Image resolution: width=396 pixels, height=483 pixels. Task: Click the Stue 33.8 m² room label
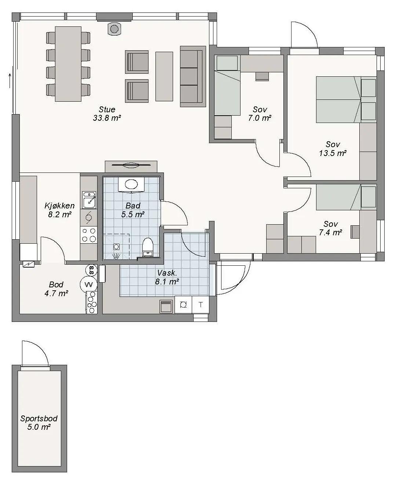click(x=107, y=114)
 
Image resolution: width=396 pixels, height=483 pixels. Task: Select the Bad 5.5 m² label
click(x=133, y=210)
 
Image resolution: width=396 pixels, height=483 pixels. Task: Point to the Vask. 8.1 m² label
click(x=167, y=277)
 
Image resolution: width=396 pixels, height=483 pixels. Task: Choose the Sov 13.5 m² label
click(x=333, y=149)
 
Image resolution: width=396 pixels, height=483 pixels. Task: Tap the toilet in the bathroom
click(x=148, y=247)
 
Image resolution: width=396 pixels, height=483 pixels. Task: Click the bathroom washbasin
click(x=131, y=184)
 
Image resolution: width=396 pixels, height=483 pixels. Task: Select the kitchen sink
click(x=89, y=200)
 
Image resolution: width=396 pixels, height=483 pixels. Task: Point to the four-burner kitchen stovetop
click(x=89, y=235)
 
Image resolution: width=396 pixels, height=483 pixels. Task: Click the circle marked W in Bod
click(x=88, y=285)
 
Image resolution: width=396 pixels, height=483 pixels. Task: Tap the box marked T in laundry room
click(x=201, y=305)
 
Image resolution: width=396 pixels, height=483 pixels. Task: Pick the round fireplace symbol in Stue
click(x=114, y=29)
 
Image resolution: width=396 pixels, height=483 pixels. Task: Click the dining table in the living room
click(x=68, y=64)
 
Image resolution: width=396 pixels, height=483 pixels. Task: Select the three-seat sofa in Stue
click(x=193, y=76)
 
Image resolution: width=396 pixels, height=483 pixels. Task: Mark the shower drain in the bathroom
click(x=117, y=247)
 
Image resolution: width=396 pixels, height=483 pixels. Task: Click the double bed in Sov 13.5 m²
click(x=346, y=99)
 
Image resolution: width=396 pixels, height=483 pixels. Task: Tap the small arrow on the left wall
click(x=10, y=81)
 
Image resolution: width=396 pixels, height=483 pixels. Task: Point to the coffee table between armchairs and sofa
click(x=164, y=76)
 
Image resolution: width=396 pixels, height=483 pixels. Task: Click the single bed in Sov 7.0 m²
click(x=227, y=86)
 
